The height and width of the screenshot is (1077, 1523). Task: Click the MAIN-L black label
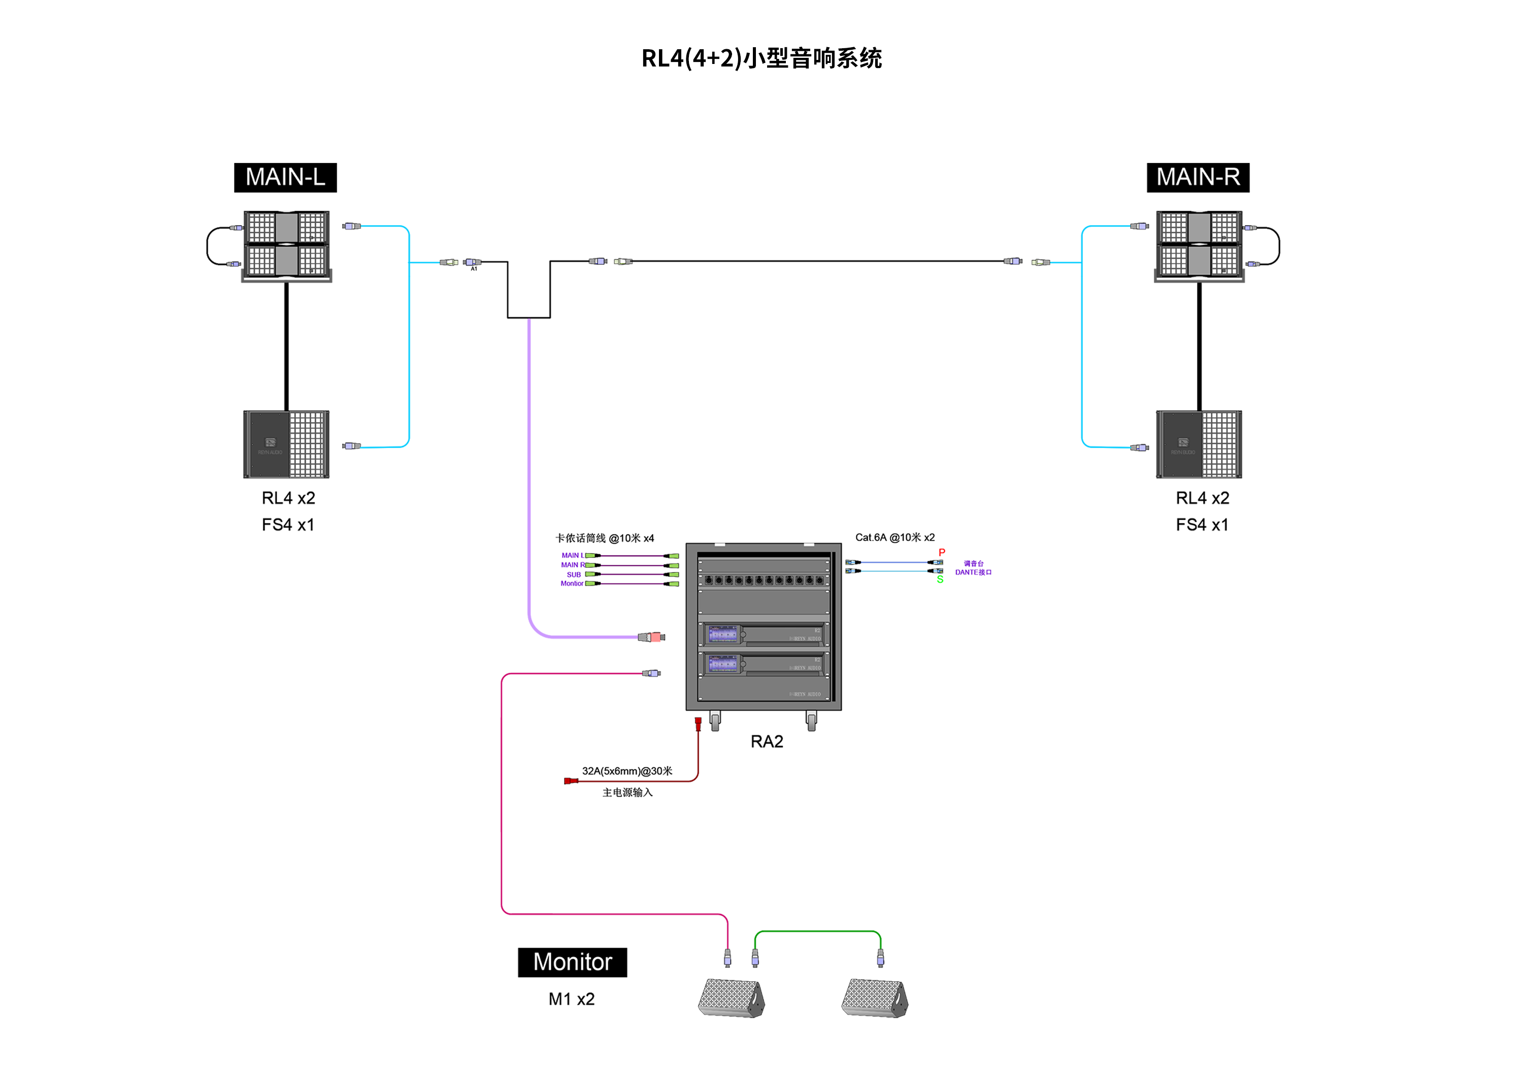[285, 177]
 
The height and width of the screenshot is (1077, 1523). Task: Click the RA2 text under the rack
[766, 742]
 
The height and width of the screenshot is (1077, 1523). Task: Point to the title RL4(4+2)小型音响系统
[761, 58]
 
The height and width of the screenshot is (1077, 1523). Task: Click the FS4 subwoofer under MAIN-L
[286, 444]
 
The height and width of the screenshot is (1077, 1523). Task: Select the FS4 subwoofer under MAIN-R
[1199, 444]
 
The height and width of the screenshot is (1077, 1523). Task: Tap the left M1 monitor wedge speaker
[731, 997]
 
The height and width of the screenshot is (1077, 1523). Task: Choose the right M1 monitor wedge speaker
[874, 997]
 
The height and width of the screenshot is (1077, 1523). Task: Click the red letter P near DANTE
[941, 552]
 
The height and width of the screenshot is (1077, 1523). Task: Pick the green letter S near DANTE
[940, 580]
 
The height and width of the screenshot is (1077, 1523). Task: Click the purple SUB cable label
[574, 575]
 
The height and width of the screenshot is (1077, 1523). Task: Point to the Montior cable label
[572, 584]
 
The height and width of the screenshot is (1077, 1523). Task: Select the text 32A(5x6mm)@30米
[627, 770]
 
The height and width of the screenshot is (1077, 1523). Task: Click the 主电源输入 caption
[627, 792]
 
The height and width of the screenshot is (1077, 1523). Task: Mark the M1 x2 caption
[571, 999]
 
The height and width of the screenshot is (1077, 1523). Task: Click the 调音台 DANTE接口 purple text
[973, 567]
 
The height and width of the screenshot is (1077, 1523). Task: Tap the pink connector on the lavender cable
[655, 637]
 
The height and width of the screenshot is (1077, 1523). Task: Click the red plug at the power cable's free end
[569, 781]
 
